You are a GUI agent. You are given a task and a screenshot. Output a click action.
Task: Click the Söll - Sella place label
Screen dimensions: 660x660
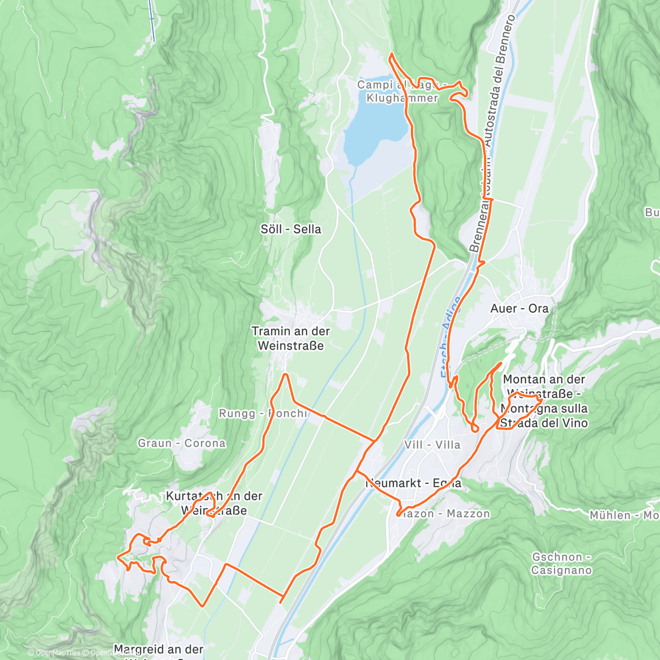[291, 229]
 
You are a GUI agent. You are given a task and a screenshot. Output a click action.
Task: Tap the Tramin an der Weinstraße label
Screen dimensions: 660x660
[290, 338]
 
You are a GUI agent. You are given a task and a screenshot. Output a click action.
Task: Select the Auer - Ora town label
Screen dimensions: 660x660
[519, 309]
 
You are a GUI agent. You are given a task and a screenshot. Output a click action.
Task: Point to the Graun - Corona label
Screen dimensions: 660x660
[182, 443]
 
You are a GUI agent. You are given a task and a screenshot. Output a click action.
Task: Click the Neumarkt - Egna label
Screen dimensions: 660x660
[414, 483]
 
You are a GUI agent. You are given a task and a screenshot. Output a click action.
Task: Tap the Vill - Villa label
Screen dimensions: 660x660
[432, 444]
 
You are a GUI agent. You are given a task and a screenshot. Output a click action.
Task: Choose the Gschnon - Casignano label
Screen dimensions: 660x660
[561, 564]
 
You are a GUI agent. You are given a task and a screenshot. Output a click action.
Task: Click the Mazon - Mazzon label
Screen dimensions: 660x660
[443, 514]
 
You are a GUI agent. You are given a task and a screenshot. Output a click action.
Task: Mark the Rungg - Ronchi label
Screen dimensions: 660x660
[263, 414]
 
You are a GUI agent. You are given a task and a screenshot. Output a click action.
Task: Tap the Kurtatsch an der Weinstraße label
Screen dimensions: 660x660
[214, 503]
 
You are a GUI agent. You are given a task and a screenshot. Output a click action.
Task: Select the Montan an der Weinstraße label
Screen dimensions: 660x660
[544, 401]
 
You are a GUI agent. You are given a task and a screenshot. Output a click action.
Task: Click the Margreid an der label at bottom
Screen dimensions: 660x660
[158, 650]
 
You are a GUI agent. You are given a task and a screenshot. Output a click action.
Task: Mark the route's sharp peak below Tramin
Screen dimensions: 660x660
[285, 375]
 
